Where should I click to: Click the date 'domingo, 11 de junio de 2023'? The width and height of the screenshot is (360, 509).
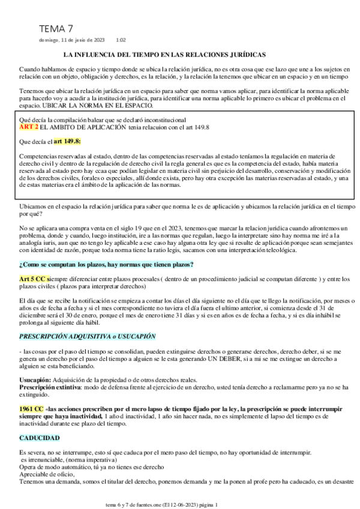(x=71, y=40)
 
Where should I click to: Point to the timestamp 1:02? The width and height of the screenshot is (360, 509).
(x=121, y=40)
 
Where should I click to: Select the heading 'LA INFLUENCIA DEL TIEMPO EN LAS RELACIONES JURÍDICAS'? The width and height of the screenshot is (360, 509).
(x=179, y=54)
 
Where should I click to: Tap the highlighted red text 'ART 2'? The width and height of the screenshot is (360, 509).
(x=29, y=127)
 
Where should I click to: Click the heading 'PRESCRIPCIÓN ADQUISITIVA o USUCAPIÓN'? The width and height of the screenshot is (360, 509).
(x=87, y=336)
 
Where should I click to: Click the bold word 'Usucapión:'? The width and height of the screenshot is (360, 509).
(x=35, y=380)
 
